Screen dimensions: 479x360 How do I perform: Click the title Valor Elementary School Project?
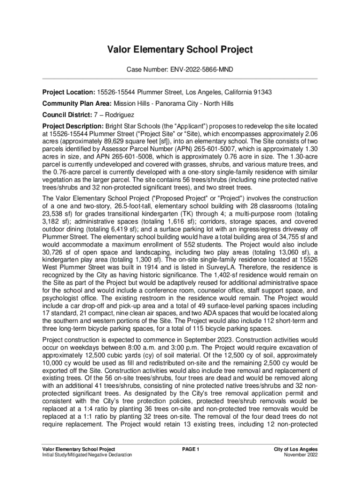coord(180,50)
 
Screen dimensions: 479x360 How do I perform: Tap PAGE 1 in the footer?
coord(191,449)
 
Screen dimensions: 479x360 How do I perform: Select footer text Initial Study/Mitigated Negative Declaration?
coord(86,455)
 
